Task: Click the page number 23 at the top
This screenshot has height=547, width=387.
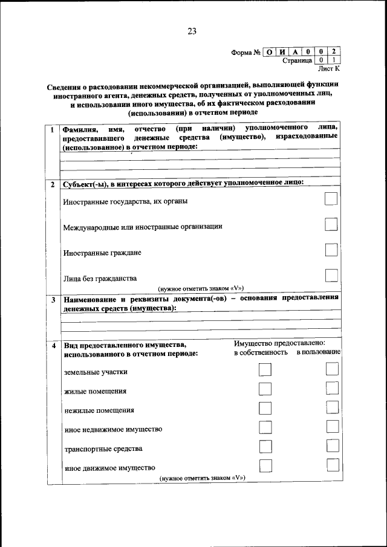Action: [192, 31]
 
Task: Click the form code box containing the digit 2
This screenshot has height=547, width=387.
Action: [333, 51]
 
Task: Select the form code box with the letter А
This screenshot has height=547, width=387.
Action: [296, 51]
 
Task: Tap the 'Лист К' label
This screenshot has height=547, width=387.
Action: [329, 70]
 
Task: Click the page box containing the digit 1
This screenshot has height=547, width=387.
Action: [333, 60]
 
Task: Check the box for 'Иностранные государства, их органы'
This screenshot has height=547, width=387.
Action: [331, 199]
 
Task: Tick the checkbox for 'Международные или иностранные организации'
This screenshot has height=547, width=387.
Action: [331, 224]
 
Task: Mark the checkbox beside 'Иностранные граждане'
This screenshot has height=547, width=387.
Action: [331, 250]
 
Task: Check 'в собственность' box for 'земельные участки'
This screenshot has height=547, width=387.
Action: [265, 369]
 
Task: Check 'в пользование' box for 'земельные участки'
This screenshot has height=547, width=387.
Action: [332, 369]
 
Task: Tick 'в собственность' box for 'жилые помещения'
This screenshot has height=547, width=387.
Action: [265, 389]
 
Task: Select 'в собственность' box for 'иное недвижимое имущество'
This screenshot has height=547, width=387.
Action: [265, 427]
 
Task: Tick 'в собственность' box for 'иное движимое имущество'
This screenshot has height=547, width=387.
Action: [265, 465]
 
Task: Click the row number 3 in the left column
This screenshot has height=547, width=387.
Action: [53, 299]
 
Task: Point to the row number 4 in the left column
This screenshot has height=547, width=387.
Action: [53, 345]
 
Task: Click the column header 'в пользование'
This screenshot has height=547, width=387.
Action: [318, 352]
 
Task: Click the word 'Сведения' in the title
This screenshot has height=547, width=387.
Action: [63, 86]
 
